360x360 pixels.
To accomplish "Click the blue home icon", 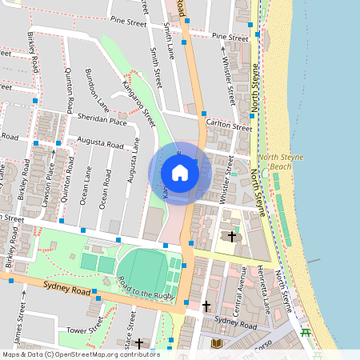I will [180, 173].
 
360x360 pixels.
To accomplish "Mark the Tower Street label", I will [85, 329].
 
